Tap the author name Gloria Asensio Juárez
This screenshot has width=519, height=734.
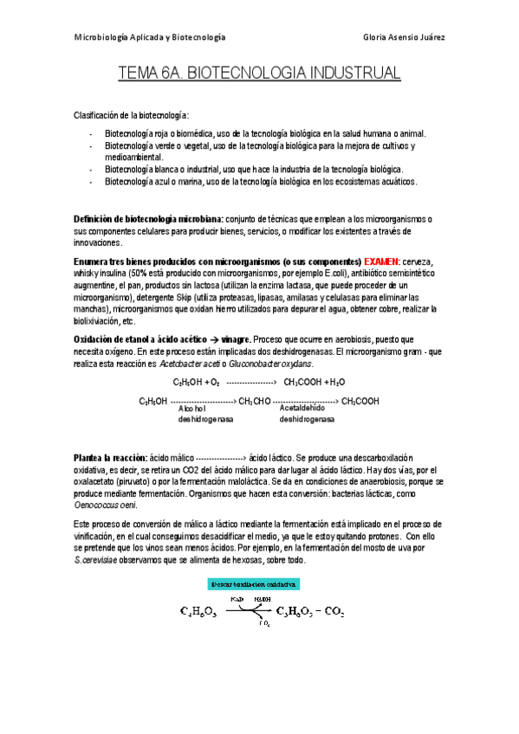pos(405,38)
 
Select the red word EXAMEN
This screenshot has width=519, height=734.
pos(382,261)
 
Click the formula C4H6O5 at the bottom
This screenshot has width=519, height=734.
pos(198,613)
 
